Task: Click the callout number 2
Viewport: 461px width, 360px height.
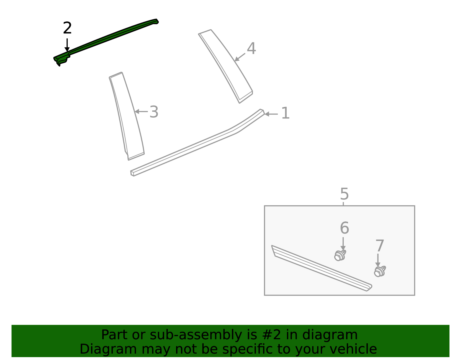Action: pos(67,28)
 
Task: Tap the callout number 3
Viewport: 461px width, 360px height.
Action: pos(154,112)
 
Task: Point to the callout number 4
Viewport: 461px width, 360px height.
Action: pos(251,48)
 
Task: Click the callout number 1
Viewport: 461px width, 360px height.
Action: pos(285,113)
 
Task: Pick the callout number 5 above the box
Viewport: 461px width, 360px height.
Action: pos(344,194)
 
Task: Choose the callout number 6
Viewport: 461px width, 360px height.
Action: pos(344,228)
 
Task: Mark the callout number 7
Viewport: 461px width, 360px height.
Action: pos(380,246)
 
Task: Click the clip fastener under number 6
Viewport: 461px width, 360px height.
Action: pos(340,255)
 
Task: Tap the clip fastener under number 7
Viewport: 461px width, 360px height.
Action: pos(380,271)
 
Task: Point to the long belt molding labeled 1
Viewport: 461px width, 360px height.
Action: pos(196,144)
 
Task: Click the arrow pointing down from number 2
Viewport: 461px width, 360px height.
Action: pos(67,45)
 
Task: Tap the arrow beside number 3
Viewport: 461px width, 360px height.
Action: pos(141,112)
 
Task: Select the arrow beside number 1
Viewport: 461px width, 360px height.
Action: pos(271,114)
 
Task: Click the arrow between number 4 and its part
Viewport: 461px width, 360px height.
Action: pos(240,57)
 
